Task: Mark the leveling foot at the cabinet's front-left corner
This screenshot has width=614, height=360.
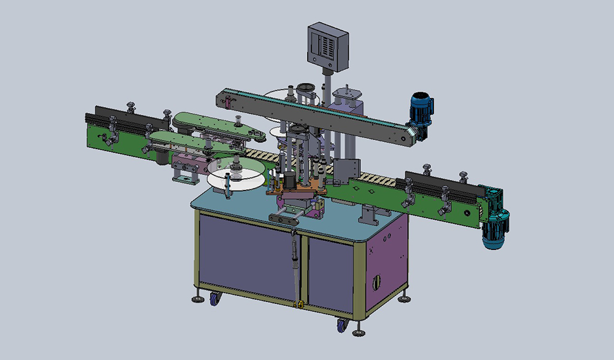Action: click(x=198, y=299)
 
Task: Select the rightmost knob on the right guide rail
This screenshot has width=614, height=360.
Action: click(x=462, y=178)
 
